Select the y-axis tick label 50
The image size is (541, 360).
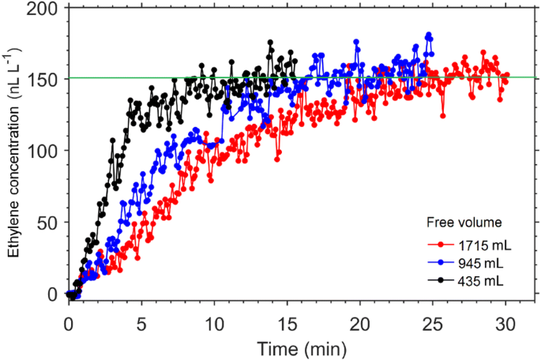47,223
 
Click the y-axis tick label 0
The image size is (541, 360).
51,294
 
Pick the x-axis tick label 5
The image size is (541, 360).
141,323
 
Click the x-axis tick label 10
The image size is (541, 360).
214,323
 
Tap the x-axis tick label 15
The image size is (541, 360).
287,323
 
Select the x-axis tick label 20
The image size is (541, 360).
359,323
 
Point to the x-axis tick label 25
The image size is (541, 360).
432,323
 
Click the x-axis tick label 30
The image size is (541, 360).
505,323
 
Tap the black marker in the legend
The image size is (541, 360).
443,279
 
